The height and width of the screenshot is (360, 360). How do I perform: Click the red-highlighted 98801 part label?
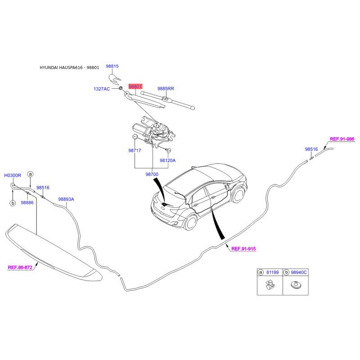[135, 86]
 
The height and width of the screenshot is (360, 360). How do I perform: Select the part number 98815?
[112, 66]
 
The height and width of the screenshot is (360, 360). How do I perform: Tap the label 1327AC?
[102, 89]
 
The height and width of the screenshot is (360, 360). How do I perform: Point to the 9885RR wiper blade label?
[166, 89]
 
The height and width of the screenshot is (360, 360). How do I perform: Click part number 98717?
[135, 151]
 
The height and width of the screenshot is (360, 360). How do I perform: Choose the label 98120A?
[167, 161]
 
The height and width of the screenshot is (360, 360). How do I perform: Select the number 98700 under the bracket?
[152, 175]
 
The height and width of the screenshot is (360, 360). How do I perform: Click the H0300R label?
[13, 175]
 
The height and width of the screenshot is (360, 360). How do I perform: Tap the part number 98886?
[27, 203]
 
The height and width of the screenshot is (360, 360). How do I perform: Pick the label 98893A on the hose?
[66, 199]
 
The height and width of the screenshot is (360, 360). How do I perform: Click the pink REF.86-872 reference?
[20, 267]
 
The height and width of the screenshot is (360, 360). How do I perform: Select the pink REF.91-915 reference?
[243, 249]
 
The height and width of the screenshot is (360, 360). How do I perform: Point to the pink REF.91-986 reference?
[342, 139]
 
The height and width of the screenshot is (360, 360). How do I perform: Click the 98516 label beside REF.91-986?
[311, 149]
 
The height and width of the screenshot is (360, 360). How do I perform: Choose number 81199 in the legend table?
[273, 273]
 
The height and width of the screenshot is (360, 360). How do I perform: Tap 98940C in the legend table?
[299, 273]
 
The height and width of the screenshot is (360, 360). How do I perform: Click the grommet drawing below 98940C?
[296, 285]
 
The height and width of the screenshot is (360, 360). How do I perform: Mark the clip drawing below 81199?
[270, 285]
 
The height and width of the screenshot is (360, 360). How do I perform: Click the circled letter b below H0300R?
[13, 203]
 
